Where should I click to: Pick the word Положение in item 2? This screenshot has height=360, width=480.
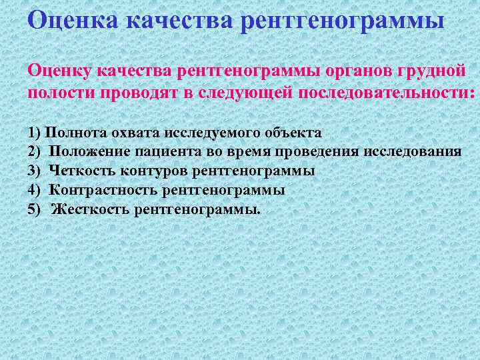[x=87, y=152]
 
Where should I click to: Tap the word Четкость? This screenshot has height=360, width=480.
[x=83, y=171]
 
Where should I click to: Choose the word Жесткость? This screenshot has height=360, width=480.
[x=90, y=210]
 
